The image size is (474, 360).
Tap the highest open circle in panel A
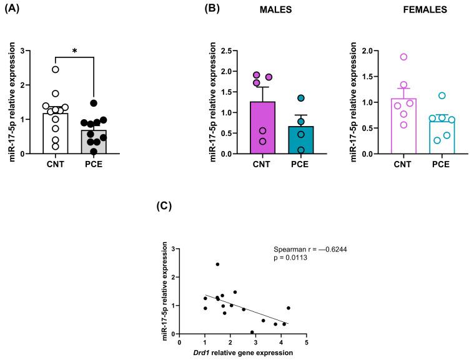coord(56,69)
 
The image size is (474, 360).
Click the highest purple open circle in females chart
coord(404,57)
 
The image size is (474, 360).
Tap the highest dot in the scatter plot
coord(217,264)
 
